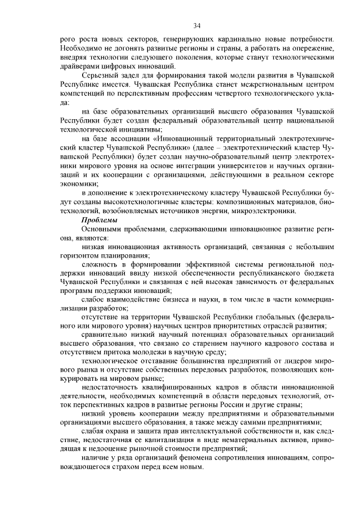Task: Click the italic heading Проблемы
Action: pos(100,220)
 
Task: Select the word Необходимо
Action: pos(80,50)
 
